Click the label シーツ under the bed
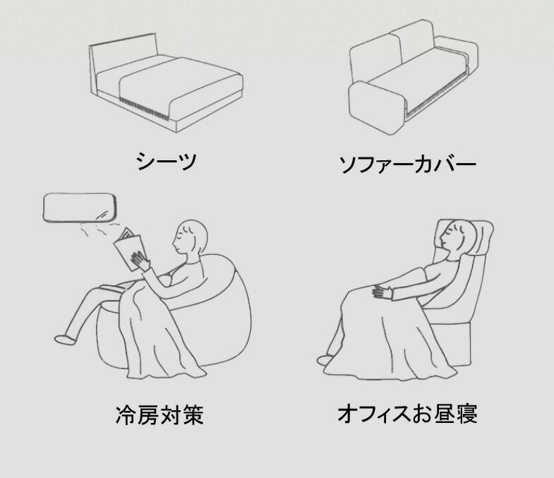(166, 161)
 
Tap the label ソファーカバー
(408, 164)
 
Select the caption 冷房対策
(159, 414)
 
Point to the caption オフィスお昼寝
(407, 414)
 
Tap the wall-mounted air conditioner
(80, 208)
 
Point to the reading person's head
(190, 237)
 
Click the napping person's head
(453, 235)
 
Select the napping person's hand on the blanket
(383, 292)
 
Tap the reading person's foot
(65, 339)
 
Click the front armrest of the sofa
(376, 107)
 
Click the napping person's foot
(325, 360)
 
